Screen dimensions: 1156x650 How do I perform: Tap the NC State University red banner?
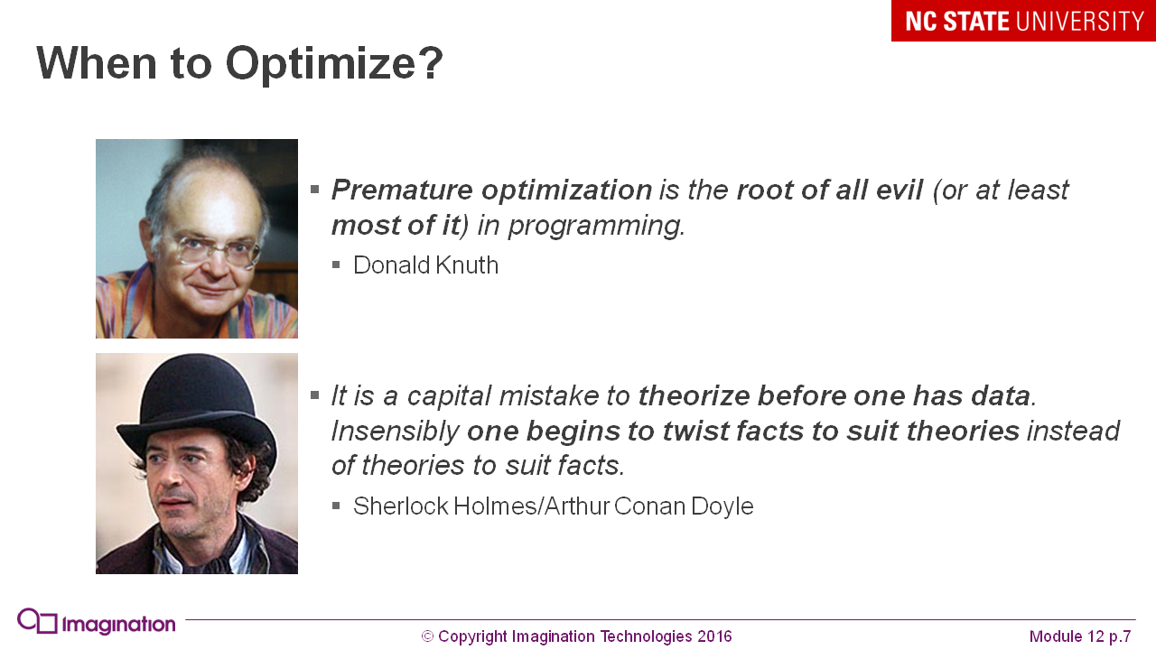point(1023,21)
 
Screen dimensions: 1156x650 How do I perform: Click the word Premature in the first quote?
point(402,190)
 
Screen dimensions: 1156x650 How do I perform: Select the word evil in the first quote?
point(900,190)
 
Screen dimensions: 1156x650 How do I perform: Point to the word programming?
point(596,226)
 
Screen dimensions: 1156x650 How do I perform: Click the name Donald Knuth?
point(425,265)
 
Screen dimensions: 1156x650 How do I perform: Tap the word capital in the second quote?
point(449,396)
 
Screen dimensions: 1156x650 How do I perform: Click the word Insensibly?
point(395,432)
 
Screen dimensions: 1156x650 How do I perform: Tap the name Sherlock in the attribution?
point(400,506)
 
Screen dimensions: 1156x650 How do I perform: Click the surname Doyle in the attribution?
point(722,506)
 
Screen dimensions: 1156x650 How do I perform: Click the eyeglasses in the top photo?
point(217,251)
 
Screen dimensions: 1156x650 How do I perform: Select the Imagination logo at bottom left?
point(97,622)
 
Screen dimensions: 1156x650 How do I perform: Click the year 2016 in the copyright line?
point(714,636)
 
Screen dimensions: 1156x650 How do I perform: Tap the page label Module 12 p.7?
point(1080,636)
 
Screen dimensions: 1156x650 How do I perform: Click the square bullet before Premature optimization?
point(315,190)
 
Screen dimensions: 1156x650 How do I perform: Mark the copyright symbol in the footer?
point(427,636)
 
